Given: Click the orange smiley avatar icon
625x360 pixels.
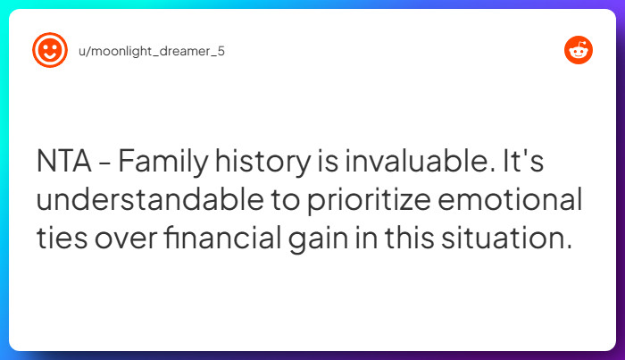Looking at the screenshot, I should (x=49, y=51).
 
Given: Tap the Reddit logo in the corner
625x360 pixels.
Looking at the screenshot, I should (x=579, y=51).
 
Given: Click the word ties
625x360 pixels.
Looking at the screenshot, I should (x=62, y=239).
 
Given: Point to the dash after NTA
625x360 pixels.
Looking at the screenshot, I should (x=105, y=164).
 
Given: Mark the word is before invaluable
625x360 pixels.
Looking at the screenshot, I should (x=317, y=163).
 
